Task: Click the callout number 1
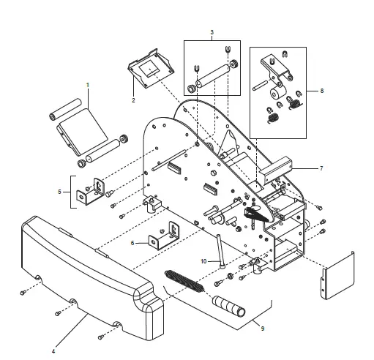point(88,85)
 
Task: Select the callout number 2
point(133,100)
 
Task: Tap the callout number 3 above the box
point(212,32)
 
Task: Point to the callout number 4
point(53,351)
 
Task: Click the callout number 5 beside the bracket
point(59,192)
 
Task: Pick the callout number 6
point(132,243)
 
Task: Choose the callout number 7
point(321,168)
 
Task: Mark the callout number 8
point(322,91)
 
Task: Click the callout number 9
point(263,329)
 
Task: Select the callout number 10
point(203,261)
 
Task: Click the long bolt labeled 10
point(220,251)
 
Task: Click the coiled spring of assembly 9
point(184,281)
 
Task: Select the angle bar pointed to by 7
point(276,170)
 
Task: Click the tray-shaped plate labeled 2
point(151,68)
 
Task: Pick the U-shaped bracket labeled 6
point(165,236)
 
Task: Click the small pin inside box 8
point(261,86)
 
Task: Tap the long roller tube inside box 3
point(213,76)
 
